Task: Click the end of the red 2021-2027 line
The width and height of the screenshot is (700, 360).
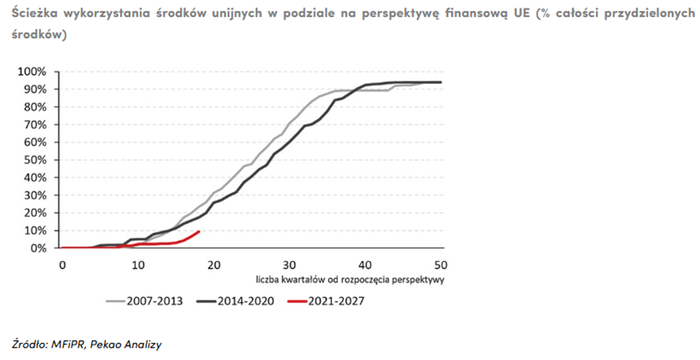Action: pyautogui.click(x=199, y=232)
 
